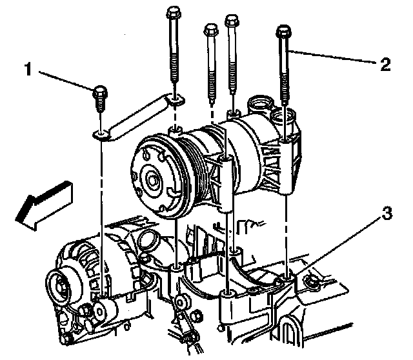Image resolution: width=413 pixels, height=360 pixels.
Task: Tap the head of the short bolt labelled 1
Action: click(x=99, y=94)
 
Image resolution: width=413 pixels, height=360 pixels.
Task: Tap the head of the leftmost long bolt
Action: click(x=172, y=12)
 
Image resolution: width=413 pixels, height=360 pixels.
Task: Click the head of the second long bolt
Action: click(x=210, y=30)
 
